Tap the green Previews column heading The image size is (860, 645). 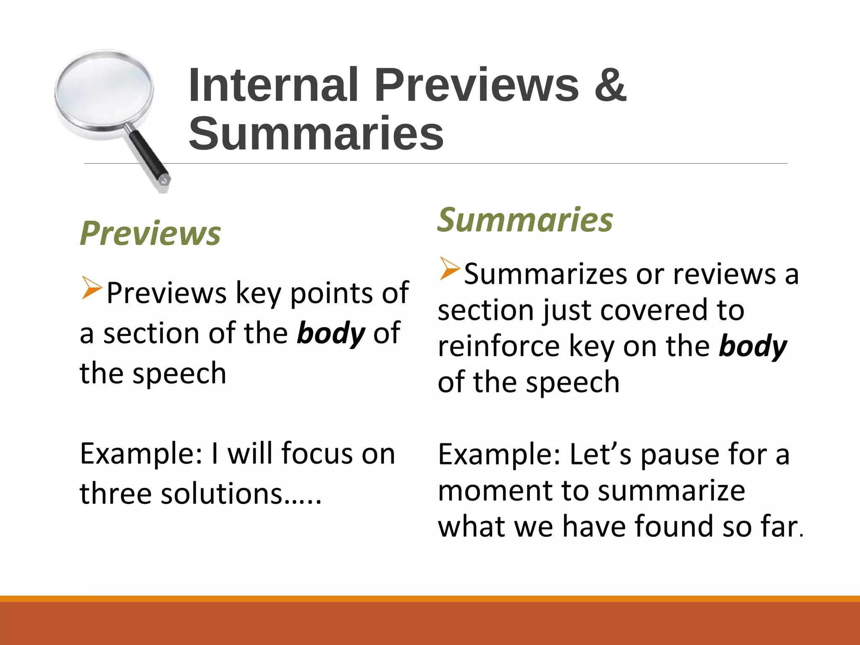click(150, 233)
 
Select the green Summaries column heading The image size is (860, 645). click(525, 220)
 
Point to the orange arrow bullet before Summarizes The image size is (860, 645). click(450, 269)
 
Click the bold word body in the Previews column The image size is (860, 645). click(331, 333)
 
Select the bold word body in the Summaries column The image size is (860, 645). click(753, 347)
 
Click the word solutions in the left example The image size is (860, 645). click(223, 493)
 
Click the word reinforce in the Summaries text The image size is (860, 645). click(499, 346)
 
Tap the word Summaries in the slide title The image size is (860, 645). click(316, 134)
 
